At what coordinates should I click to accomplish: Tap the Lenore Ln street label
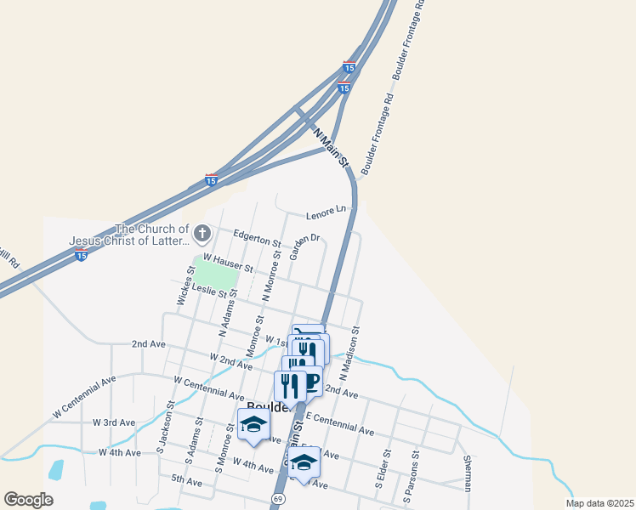click(329, 208)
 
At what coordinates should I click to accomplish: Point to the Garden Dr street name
click(304, 247)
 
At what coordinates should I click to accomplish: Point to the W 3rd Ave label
click(114, 422)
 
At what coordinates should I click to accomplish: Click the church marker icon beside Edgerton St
click(202, 232)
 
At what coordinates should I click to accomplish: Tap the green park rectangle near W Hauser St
click(214, 272)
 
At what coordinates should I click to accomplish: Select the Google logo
click(28, 500)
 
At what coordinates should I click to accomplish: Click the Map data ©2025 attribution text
click(599, 503)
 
